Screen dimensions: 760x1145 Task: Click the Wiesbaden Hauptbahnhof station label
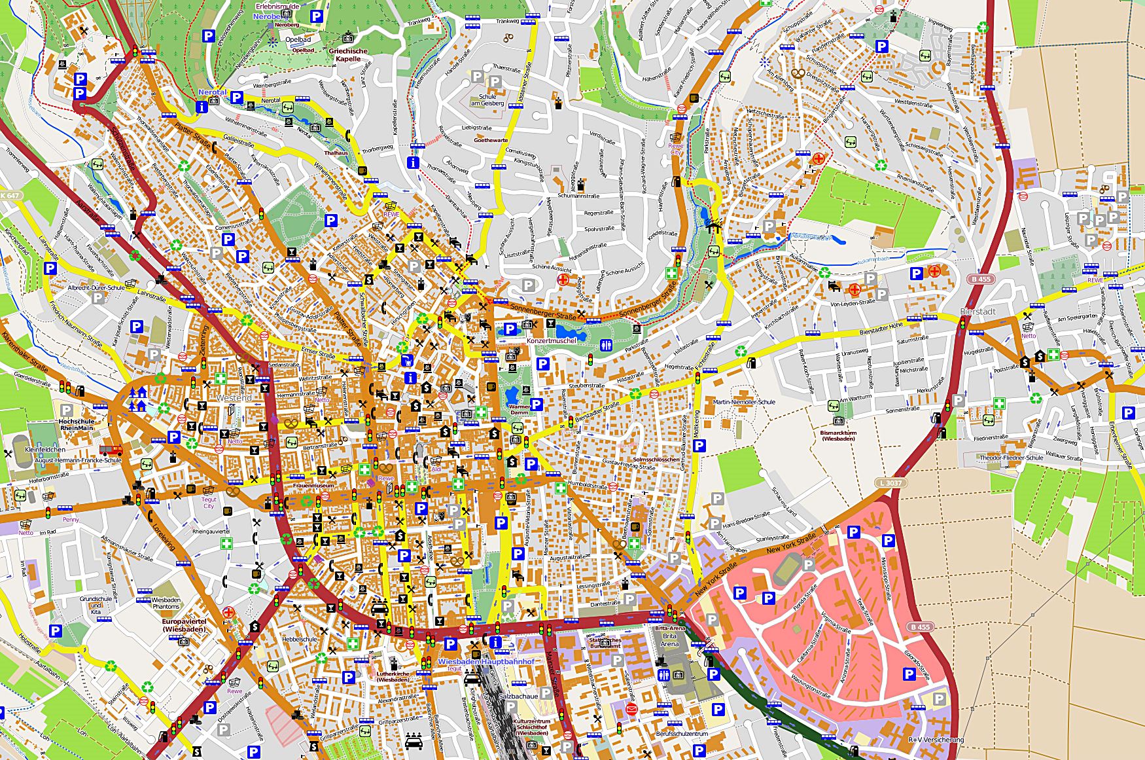point(485,662)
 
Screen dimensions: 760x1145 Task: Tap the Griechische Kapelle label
point(348,54)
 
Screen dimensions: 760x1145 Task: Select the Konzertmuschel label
point(552,341)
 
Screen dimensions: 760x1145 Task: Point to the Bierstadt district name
point(978,312)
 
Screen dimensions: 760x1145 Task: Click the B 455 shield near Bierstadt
point(981,279)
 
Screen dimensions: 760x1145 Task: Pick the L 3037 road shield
point(890,483)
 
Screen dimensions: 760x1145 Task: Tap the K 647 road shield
point(10,196)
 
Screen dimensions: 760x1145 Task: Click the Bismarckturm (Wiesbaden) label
point(838,435)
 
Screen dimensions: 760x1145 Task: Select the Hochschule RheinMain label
point(77,425)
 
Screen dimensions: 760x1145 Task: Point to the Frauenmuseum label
point(313,486)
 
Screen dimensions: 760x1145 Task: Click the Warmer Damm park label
point(519,410)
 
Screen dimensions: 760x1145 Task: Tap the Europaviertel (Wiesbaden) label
point(184,625)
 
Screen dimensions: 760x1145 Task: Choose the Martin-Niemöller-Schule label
point(744,402)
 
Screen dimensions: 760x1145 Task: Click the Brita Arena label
point(669,640)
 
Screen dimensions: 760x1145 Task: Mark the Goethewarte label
point(491,140)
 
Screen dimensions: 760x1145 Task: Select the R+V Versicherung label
point(936,740)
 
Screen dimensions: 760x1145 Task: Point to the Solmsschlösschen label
point(656,460)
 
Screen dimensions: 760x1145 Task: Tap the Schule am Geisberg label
point(487,100)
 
